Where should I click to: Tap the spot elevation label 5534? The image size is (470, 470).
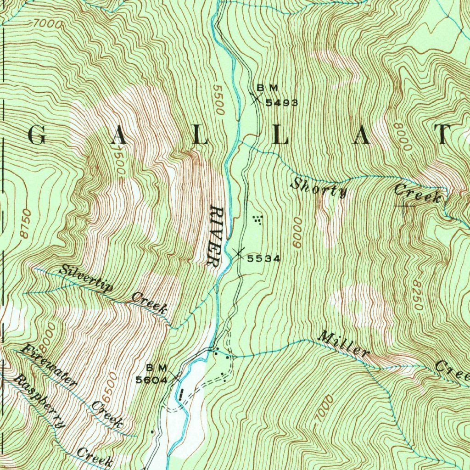[263, 258]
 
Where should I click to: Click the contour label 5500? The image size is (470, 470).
[219, 100]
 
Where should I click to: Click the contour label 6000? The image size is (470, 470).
[297, 233]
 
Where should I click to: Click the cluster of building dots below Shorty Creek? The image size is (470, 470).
[258, 220]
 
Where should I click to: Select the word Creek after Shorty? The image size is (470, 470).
[417, 194]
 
